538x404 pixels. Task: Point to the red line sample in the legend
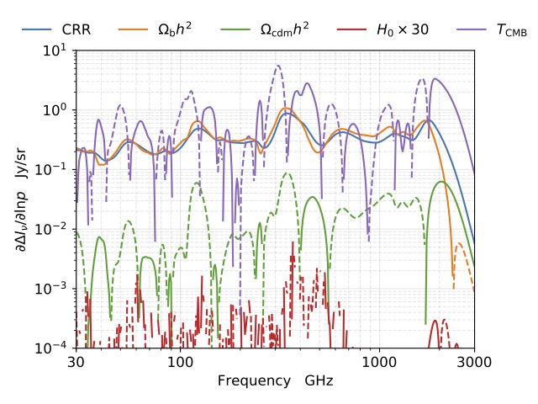click(x=350, y=29)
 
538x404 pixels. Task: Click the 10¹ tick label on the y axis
click(x=54, y=50)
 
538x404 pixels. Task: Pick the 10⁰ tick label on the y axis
click(x=54, y=110)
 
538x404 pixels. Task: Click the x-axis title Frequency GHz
click(x=275, y=380)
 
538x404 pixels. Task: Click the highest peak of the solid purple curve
click(x=435, y=79)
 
